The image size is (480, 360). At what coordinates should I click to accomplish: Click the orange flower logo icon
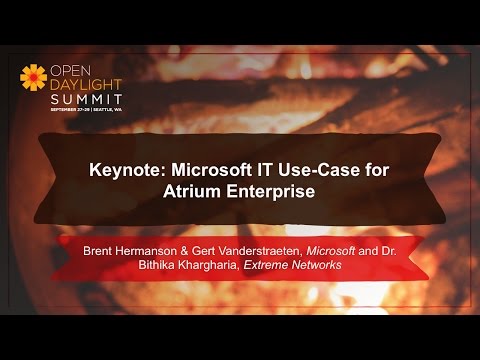tap(33, 78)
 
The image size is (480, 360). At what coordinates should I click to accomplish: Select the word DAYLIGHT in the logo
tap(85, 85)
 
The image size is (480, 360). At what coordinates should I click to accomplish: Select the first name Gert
tap(210, 249)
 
